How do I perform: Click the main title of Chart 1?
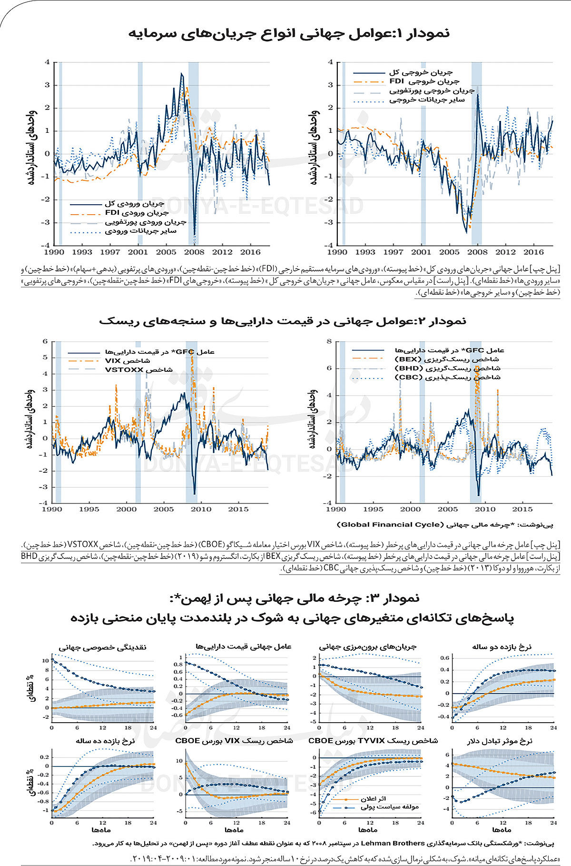point(289,33)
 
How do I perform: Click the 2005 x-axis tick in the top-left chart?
point(166,252)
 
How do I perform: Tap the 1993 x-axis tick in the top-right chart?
point(365,252)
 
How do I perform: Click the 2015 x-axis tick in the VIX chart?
point(238,509)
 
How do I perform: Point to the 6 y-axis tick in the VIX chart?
point(45,341)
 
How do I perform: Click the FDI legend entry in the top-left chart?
point(136,213)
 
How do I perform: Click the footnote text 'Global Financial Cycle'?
point(389,525)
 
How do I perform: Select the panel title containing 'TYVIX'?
point(373,741)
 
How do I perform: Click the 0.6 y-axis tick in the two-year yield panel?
point(444,658)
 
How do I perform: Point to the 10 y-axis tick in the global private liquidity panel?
point(45,661)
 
